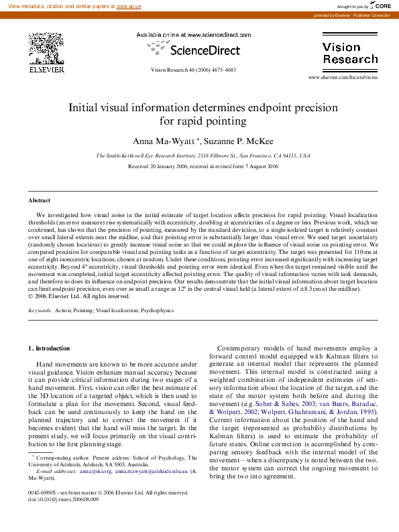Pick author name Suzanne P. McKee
232,141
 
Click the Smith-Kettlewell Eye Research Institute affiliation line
203,155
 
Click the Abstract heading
39,200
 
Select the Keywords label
40,310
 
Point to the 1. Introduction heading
49,348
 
